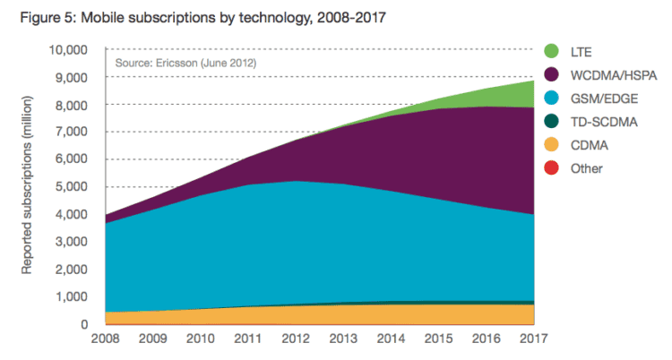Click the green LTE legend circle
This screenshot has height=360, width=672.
(x=552, y=51)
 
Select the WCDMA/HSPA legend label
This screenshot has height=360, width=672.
(x=613, y=75)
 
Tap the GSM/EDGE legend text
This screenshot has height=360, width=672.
(x=604, y=99)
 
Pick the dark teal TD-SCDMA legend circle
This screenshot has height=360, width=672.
(x=552, y=121)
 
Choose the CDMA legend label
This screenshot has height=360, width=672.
(x=589, y=145)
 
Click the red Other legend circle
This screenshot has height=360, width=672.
(x=552, y=167)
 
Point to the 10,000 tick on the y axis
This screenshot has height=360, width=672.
(x=69, y=50)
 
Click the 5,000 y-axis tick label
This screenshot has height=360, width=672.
(x=72, y=187)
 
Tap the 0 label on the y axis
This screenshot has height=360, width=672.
(x=83, y=324)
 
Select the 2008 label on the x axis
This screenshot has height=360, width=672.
(x=106, y=339)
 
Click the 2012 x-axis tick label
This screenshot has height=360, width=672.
(x=296, y=339)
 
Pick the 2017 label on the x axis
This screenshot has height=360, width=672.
(x=534, y=339)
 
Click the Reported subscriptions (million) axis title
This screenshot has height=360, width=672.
(x=27, y=184)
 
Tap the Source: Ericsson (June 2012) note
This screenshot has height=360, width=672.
(x=185, y=64)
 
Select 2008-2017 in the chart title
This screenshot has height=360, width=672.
(x=351, y=18)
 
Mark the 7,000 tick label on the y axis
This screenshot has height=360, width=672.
(x=72, y=132)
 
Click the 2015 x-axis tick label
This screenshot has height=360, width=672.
(x=438, y=339)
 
